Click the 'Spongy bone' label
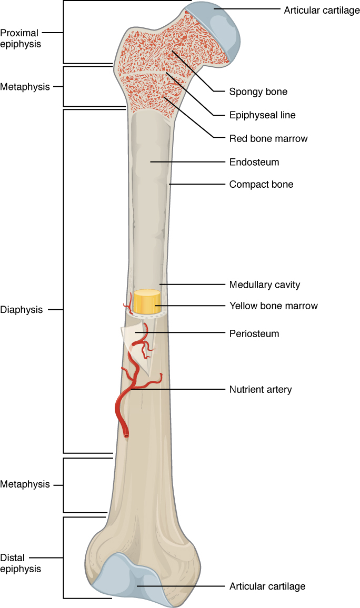pyautogui.click(x=258, y=92)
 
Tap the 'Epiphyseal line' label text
pyautogui.click(x=262, y=115)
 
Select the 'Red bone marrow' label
pyautogui.click(x=268, y=138)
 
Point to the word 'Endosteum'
pyautogui.click(x=254, y=162)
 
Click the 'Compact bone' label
pyautogui.click(x=261, y=185)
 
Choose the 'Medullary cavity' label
pyautogui.click(x=265, y=285)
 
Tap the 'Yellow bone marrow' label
pyautogui.click(x=274, y=306)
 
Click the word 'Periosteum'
pyautogui.click(x=254, y=334)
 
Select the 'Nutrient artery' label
pyautogui.click(x=261, y=390)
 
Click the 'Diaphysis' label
pyautogui.click(x=22, y=310)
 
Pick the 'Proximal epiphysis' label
pyautogui.click(x=21, y=38)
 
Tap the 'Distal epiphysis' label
pyautogui.click(x=21, y=563)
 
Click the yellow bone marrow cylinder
pyautogui.click(x=147, y=301)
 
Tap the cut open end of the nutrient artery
pyautogui.click(x=126, y=436)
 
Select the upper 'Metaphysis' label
pyautogui.click(x=25, y=87)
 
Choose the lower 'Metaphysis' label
pyautogui.click(x=25, y=484)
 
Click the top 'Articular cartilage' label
pyautogui.click(x=322, y=11)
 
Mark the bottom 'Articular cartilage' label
pyautogui.click(x=267, y=586)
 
